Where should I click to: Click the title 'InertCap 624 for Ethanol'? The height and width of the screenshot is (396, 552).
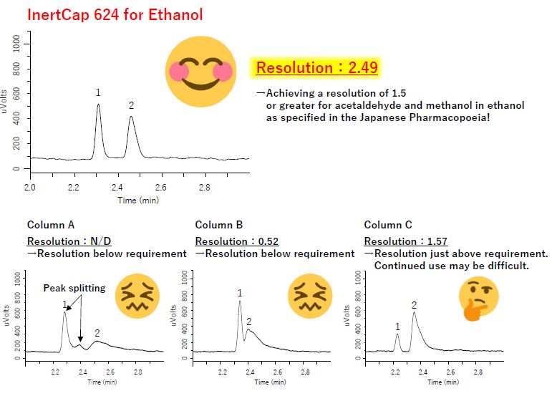coord(115,14)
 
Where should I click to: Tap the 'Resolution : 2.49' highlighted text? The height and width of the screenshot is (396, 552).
coord(316,68)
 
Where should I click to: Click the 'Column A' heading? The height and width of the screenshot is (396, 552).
coord(50,225)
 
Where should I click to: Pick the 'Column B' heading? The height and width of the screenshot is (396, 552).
coord(219,225)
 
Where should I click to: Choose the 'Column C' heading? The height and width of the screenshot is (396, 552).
coord(388,225)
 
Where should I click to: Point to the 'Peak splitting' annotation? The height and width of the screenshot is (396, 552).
coord(74,288)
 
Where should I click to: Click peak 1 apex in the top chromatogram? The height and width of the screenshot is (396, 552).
coord(98,105)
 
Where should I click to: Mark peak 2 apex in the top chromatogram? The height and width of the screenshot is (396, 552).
coord(131,117)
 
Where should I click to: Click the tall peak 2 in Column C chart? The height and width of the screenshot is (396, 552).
coord(414,312)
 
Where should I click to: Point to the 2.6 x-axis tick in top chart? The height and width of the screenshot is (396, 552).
coord(160,188)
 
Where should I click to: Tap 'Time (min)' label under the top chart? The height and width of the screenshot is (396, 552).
coord(139,200)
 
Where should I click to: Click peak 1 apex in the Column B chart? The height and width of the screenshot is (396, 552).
coord(240,301)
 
